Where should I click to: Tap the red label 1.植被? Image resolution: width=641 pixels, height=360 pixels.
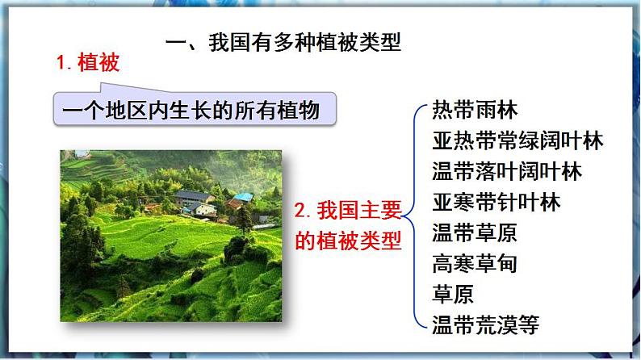pyautogui.click(x=88, y=63)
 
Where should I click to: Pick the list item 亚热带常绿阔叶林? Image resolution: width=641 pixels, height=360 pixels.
pyautogui.click(x=517, y=141)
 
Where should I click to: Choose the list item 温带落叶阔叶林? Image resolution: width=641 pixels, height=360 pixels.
pyautogui.click(x=507, y=172)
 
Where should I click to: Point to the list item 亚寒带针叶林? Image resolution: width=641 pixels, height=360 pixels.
pyautogui.click(x=496, y=202)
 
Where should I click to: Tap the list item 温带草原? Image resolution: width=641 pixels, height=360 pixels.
pyautogui.click(x=475, y=233)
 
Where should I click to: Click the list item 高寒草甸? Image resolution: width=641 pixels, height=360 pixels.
pyautogui.click(x=475, y=263)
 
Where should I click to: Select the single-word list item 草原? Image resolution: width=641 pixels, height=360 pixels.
pyautogui.click(x=453, y=294)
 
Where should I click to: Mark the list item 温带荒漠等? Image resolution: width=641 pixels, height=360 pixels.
pyautogui.click(x=485, y=324)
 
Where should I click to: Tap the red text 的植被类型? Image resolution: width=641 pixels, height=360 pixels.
pyautogui.click(x=348, y=241)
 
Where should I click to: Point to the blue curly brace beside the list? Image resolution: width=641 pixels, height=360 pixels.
pyautogui.click(x=417, y=218)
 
